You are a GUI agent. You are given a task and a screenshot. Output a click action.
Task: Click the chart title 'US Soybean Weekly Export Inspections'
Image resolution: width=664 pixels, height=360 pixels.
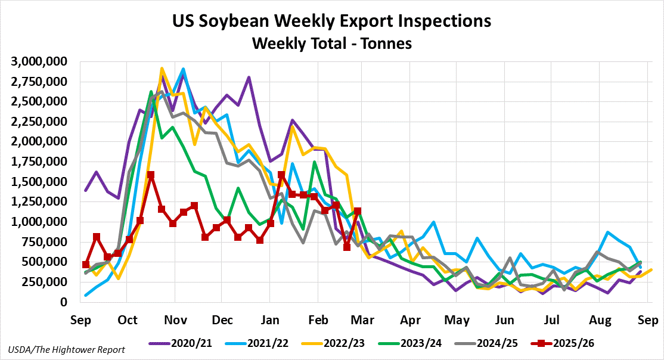(332, 21)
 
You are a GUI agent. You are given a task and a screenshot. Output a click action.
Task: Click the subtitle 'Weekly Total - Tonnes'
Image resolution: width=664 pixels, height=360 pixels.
(332, 44)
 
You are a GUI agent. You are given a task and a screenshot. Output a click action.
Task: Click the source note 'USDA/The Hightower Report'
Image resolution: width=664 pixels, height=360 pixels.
(67, 350)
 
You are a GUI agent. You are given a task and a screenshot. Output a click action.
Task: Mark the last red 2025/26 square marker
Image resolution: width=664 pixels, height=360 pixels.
(358, 211)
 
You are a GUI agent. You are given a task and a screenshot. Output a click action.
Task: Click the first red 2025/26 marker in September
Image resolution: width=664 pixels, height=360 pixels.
(86, 265)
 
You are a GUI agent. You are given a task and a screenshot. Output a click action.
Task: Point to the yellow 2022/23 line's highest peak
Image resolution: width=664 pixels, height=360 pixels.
(162, 69)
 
